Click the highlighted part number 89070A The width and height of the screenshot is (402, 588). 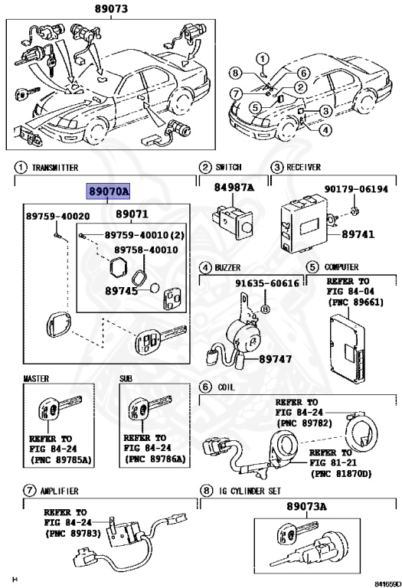pos(109,192)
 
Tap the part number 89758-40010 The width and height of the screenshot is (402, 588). pos(145,250)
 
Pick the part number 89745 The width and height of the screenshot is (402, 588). pos(124,291)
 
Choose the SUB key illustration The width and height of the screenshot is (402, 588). pos(151,413)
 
